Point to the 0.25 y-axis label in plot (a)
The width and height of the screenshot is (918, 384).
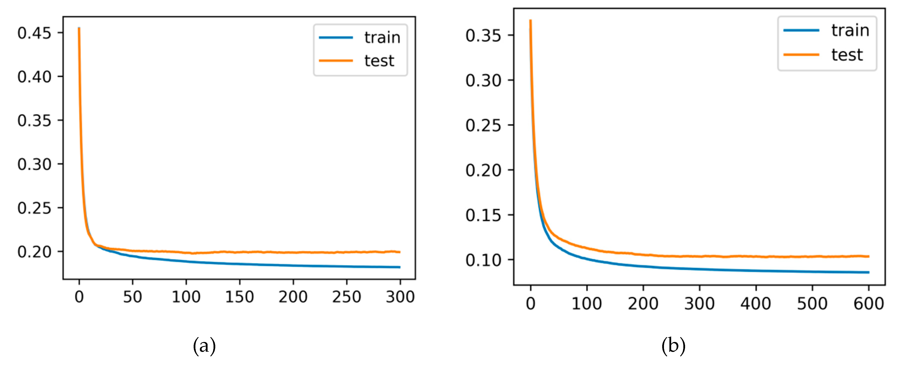pos(34,208)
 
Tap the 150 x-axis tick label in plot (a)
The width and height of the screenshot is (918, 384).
pos(239,297)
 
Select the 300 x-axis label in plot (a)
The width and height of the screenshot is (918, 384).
pos(400,297)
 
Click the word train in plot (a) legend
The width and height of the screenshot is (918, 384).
pos(382,38)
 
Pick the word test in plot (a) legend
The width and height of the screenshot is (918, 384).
pos(379,61)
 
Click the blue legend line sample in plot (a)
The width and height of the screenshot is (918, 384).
pos(336,38)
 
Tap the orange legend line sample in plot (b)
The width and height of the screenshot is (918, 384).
pos(801,54)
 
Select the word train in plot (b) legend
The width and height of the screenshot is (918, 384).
pos(850,30)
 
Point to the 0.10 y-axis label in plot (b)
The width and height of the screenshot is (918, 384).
pos(483,260)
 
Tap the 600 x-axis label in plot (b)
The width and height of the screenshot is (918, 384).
pos(869,304)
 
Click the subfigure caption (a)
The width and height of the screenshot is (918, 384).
pos(204,346)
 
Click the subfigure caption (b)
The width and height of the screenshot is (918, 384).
pos(673,346)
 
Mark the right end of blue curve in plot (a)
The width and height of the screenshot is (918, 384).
pos(399,267)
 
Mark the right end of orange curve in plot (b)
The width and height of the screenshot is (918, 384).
pos(869,256)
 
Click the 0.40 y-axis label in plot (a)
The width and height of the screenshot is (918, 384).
pos(34,77)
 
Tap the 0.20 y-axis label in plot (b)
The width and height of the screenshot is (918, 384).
pos(483,170)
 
